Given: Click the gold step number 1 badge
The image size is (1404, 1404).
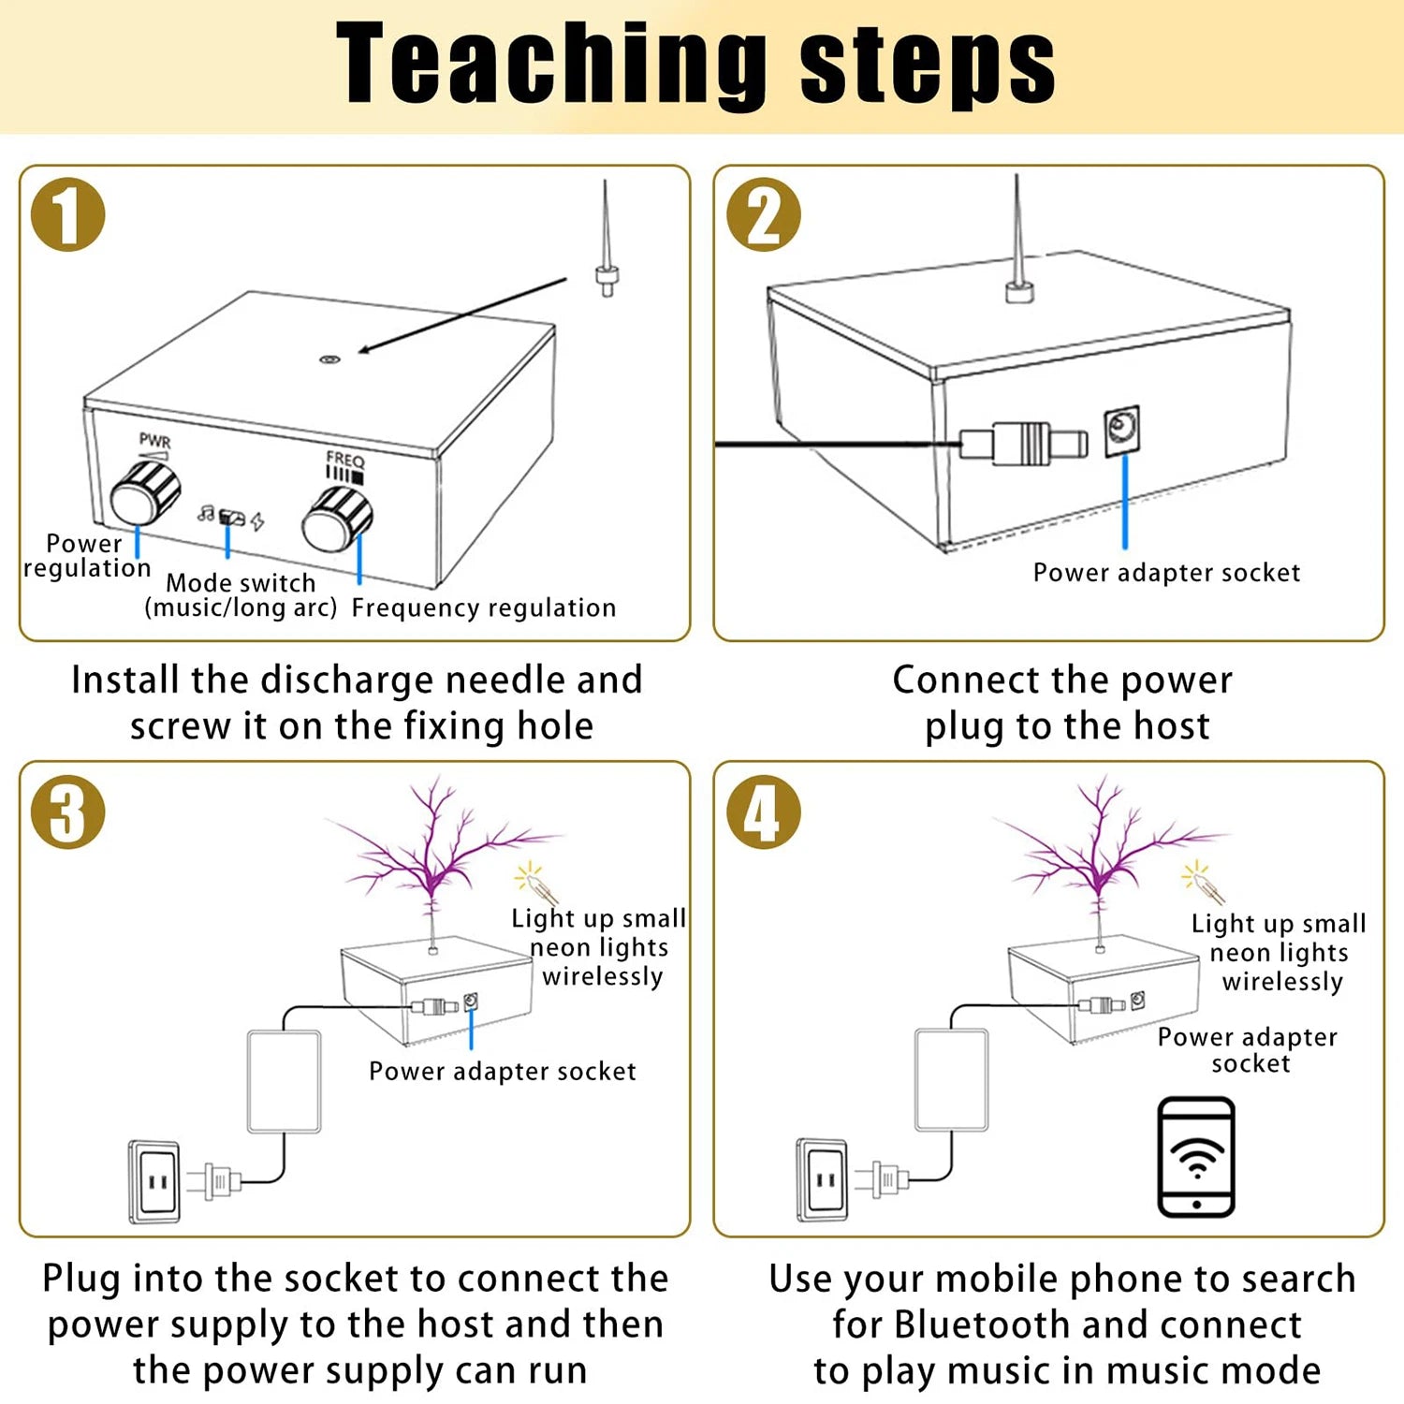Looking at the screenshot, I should (67, 214).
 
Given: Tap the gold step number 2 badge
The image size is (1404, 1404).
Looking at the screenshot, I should (764, 214).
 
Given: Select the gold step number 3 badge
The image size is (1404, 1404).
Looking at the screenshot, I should (67, 812).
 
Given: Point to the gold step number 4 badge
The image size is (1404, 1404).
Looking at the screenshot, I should (764, 812).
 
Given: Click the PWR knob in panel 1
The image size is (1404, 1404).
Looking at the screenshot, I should (145, 494).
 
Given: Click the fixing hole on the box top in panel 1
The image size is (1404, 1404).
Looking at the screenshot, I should (329, 359).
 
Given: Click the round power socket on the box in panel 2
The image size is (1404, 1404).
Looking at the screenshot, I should (1121, 431).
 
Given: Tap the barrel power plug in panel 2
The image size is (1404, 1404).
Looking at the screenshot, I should (1025, 443).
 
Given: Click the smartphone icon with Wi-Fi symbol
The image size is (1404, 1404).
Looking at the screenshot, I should (1196, 1157).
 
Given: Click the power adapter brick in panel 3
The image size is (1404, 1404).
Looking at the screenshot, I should (284, 1082).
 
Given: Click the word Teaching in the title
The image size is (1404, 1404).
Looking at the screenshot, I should (549, 64).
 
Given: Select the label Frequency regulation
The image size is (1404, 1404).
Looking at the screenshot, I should (484, 608).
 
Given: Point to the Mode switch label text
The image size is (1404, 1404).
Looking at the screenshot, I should (241, 583).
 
